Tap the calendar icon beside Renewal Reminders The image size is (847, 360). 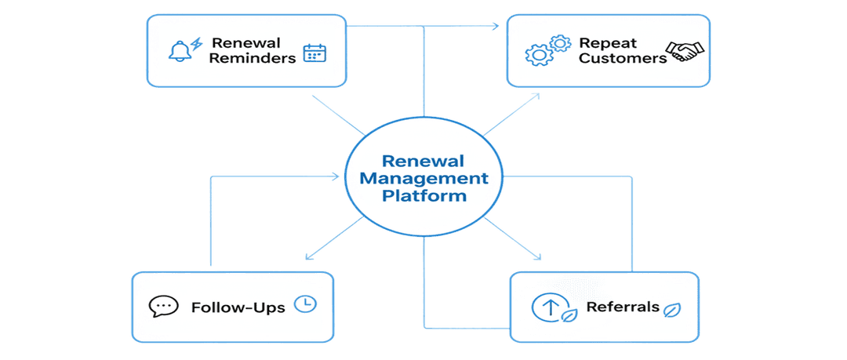[x=314, y=53]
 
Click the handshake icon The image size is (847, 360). [x=685, y=53]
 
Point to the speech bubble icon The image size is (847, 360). [x=163, y=306]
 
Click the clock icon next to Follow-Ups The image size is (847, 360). [x=305, y=304]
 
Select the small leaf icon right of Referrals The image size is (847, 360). [x=672, y=309]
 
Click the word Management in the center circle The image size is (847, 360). [x=423, y=178]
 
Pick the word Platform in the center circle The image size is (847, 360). [x=423, y=195]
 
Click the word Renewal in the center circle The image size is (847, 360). [x=423, y=161]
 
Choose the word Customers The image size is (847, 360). [x=622, y=58]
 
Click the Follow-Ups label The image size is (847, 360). [x=238, y=307]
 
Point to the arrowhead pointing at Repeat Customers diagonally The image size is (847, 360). [x=536, y=96]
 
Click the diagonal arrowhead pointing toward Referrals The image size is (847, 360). [x=539, y=257]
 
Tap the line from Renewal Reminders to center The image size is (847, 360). [x=337, y=115]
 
